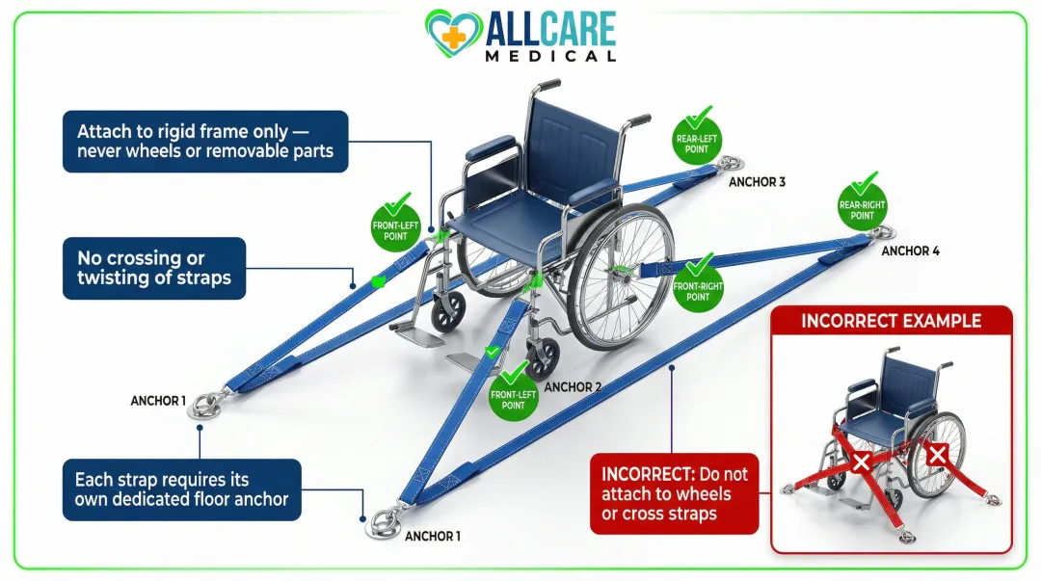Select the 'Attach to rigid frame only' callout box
click(205, 142)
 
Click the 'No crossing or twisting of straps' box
click(154, 268)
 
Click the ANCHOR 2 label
click(573, 387)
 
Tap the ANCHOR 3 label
click(758, 181)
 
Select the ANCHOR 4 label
click(910, 251)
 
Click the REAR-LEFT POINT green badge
click(698, 145)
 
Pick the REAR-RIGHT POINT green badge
click(862, 209)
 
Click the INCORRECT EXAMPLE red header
click(891, 321)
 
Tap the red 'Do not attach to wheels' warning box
click(674, 494)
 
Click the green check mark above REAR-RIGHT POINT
click(864, 181)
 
